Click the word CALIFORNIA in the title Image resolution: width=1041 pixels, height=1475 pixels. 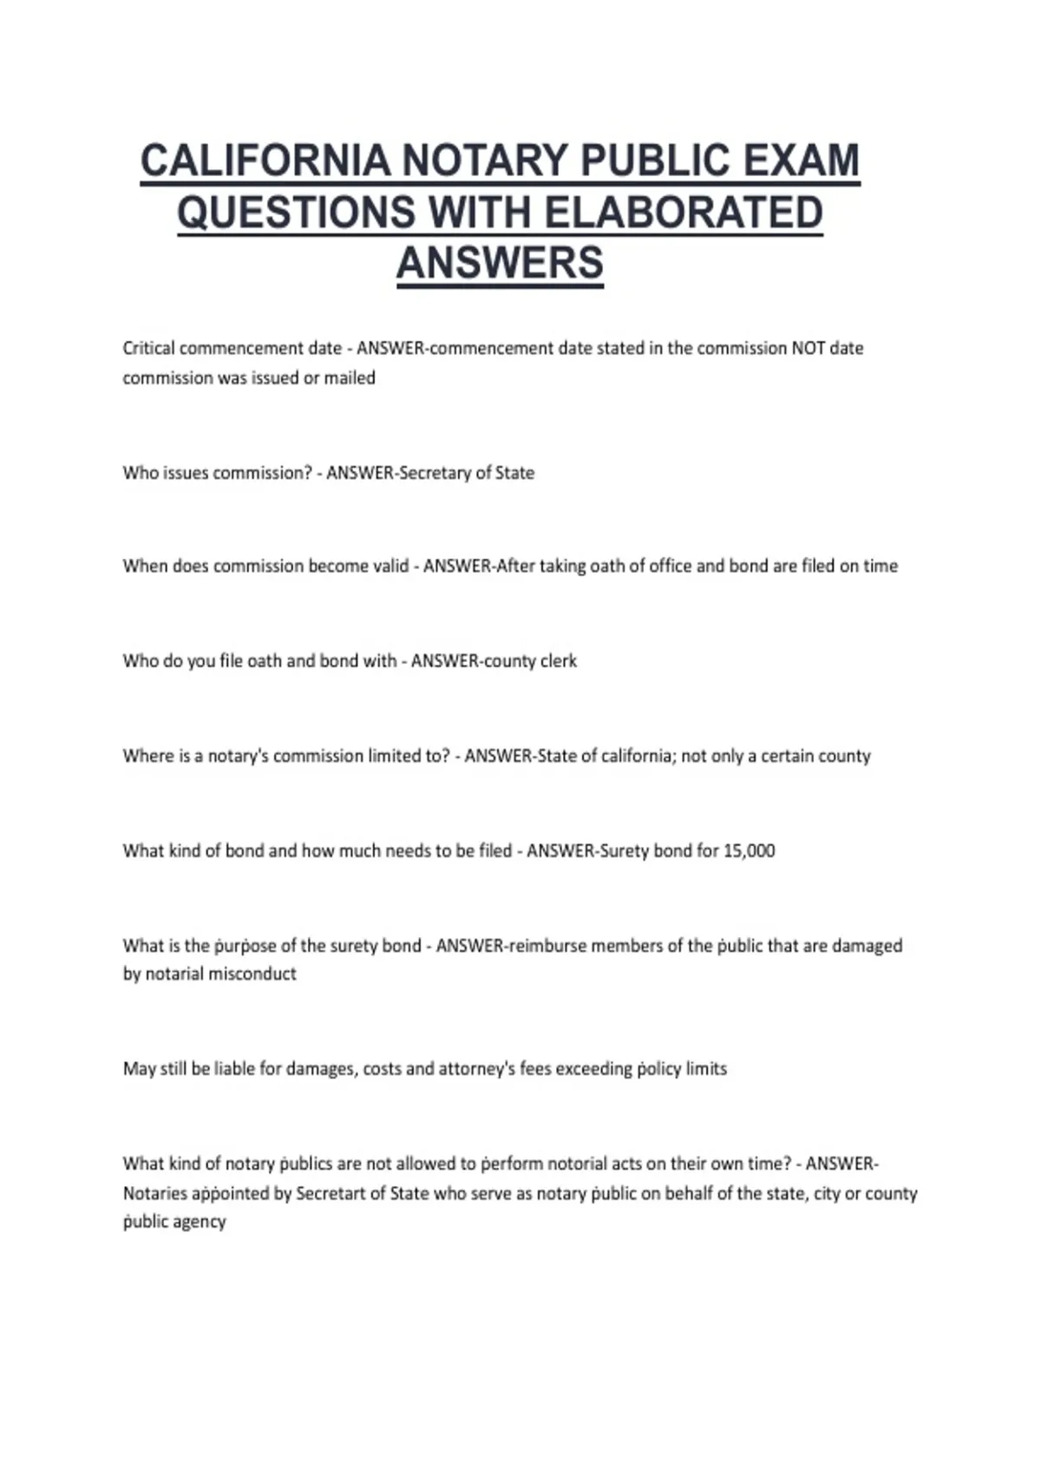pyautogui.click(x=265, y=161)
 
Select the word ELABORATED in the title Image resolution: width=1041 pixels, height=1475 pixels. pyautogui.click(x=684, y=213)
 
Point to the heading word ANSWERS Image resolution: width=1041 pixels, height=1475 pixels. pyautogui.click(x=500, y=264)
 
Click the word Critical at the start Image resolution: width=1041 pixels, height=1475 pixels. pyautogui.click(x=148, y=348)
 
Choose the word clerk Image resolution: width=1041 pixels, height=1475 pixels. pyautogui.click(x=559, y=661)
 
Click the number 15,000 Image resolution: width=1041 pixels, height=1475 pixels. pyautogui.click(x=749, y=851)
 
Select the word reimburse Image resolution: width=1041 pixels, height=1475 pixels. pyautogui.click(x=547, y=946)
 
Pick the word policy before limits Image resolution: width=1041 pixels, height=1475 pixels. pyautogui.click(x=659, y=1069)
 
